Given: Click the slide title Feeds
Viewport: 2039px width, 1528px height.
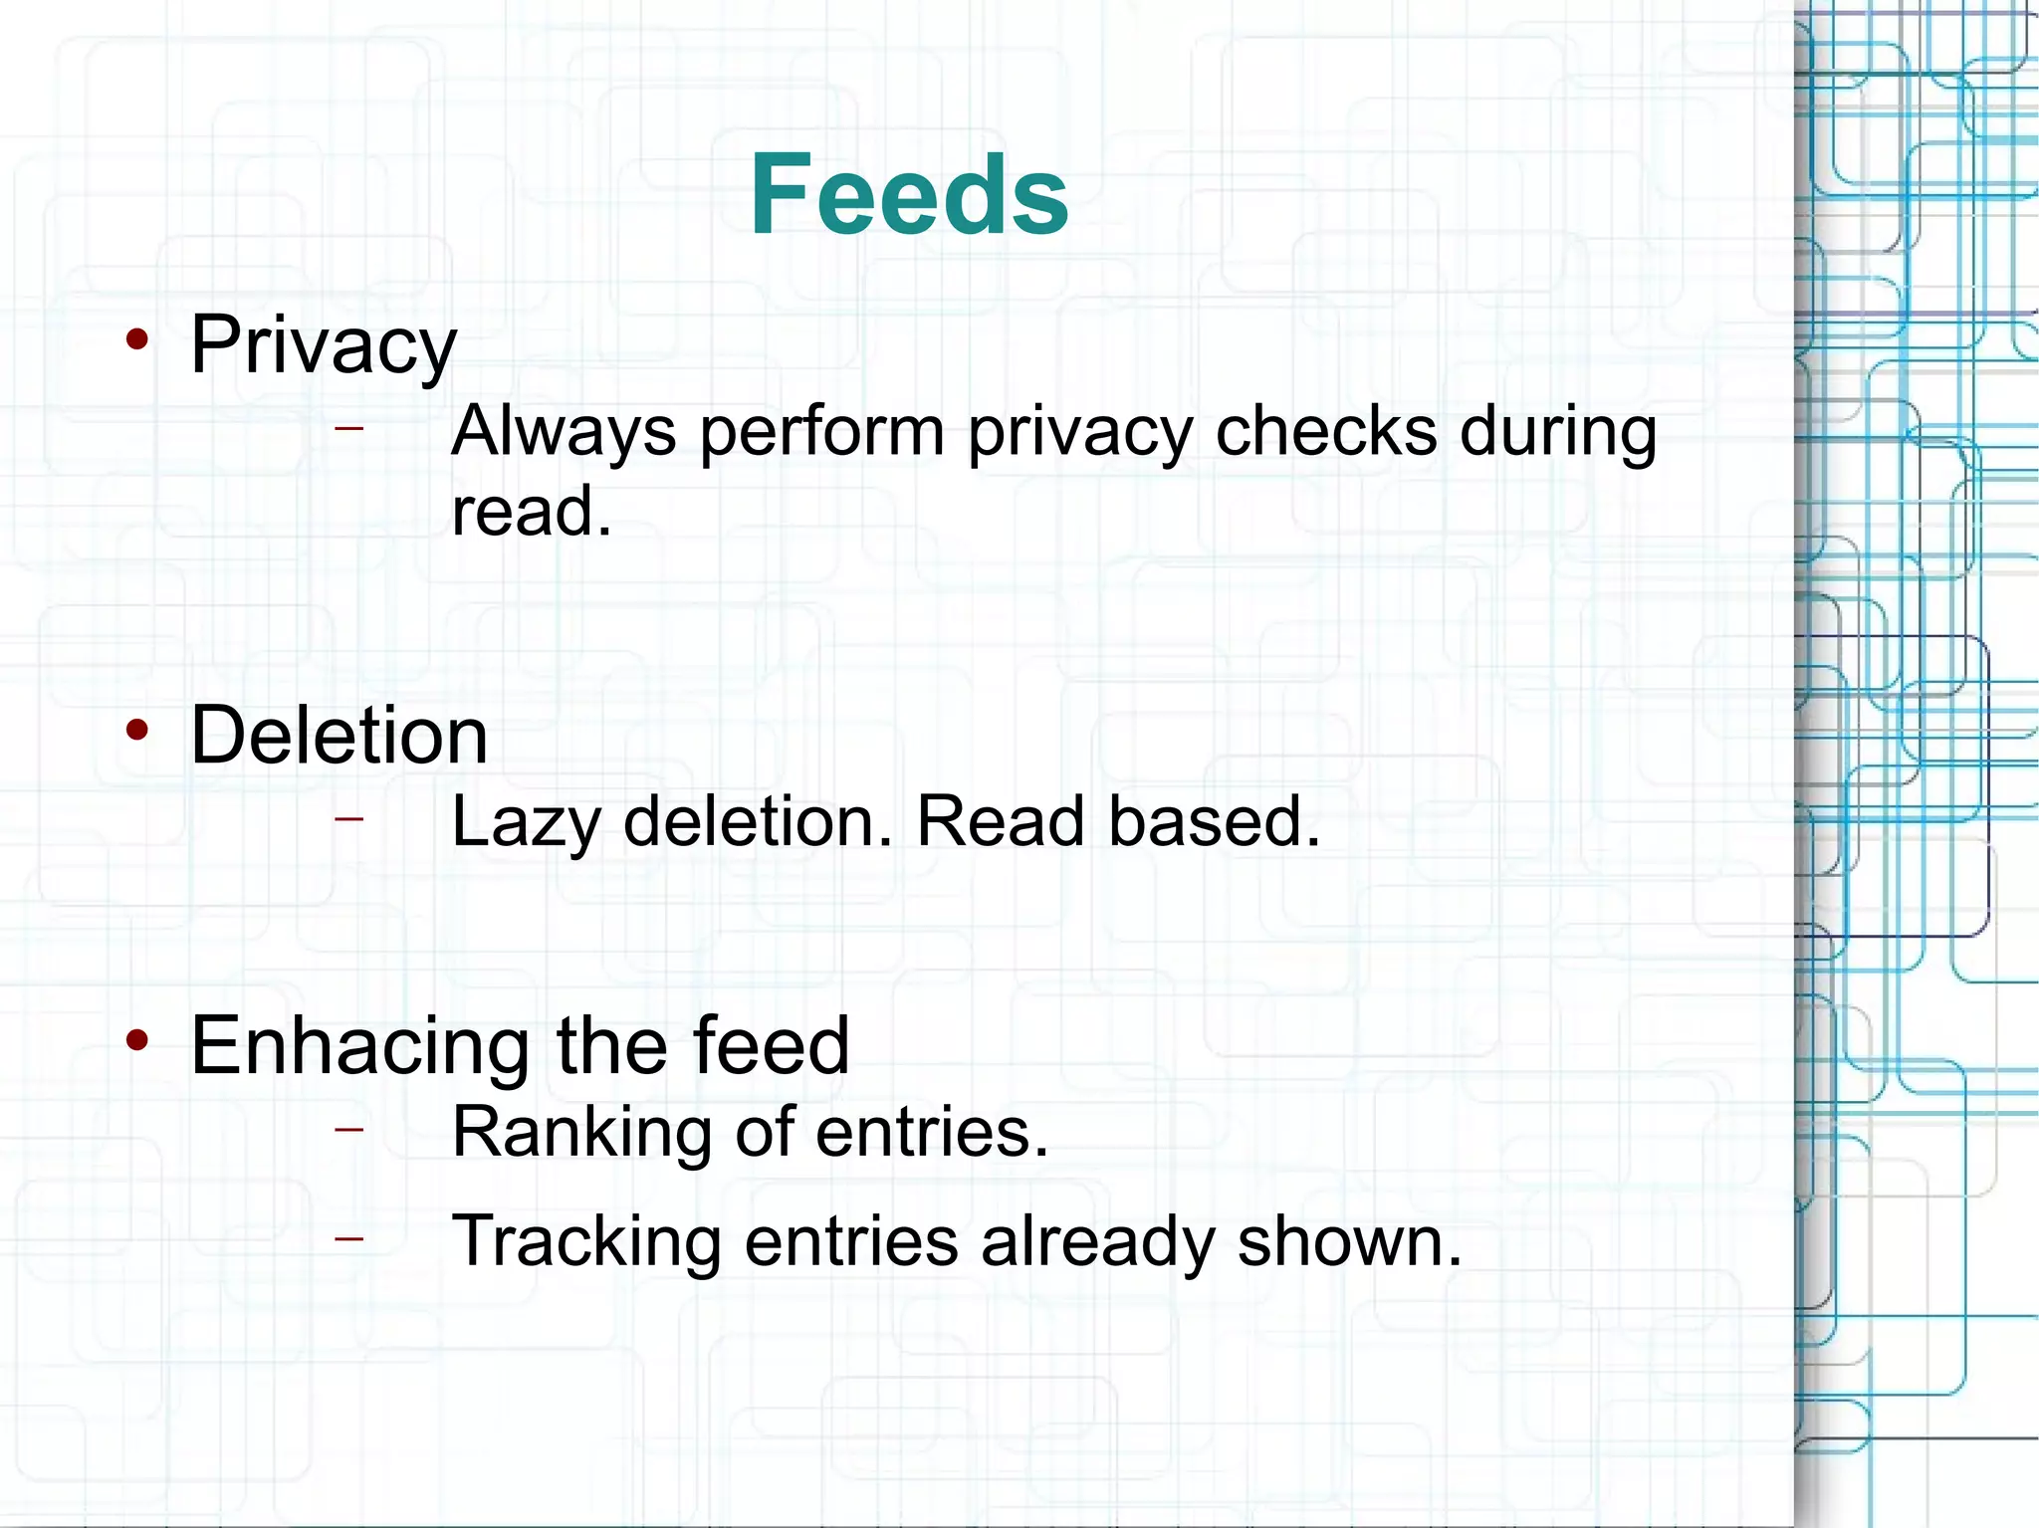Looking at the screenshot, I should (x=909, y=194).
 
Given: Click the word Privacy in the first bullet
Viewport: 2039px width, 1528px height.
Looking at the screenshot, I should (x=324, y=345).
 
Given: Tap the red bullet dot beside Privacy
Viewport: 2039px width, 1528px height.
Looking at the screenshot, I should (x=137, y=340).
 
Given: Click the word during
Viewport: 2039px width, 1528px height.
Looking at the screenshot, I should (x=1557, y=433).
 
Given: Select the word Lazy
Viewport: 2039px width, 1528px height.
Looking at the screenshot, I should (x=526, y=824).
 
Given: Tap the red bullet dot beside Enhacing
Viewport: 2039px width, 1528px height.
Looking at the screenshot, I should (x=137, y=1041).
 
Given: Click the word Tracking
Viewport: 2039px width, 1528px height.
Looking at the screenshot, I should (x=586, y=1242).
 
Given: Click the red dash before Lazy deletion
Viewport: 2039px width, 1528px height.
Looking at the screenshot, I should (x=349, y=818).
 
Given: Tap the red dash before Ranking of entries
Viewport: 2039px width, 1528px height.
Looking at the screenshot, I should (x=349, y=1129).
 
